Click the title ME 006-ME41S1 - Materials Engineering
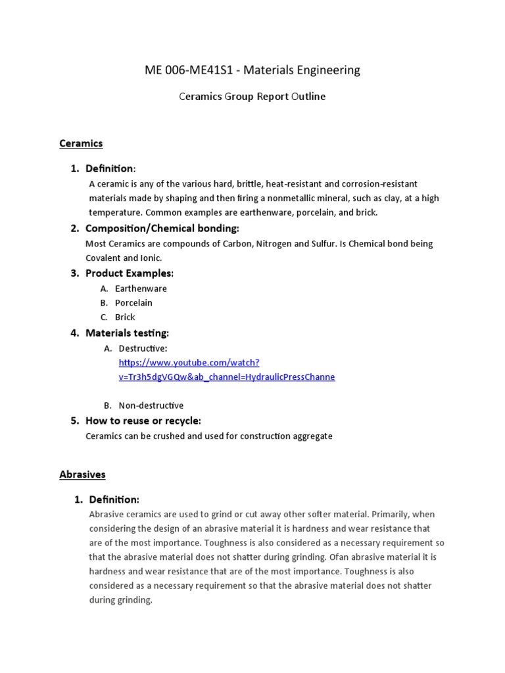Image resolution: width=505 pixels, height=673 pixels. tap(252, 70)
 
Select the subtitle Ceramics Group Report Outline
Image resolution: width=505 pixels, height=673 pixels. tap(252, 97)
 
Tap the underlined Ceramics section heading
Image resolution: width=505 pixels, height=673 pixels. tap(81, 143)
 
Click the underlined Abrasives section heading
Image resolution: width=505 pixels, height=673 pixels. tap(82, 475)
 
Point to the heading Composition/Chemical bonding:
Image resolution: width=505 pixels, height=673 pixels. tap(162, 229)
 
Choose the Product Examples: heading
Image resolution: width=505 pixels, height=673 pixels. tap(130, 273)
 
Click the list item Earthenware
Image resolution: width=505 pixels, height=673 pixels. tap(141, 289)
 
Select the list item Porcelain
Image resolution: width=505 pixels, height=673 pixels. tap(133, 303)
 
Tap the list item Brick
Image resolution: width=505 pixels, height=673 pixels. tap(125, 317)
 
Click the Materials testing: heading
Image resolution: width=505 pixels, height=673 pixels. tap(127, 333)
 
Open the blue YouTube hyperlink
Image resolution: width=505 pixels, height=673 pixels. tap(226, 370)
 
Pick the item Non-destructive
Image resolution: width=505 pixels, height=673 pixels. tap(151, 406)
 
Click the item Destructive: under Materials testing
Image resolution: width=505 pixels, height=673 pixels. tap(143, 348)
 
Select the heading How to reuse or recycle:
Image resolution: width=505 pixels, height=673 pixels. tap(143, 421)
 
